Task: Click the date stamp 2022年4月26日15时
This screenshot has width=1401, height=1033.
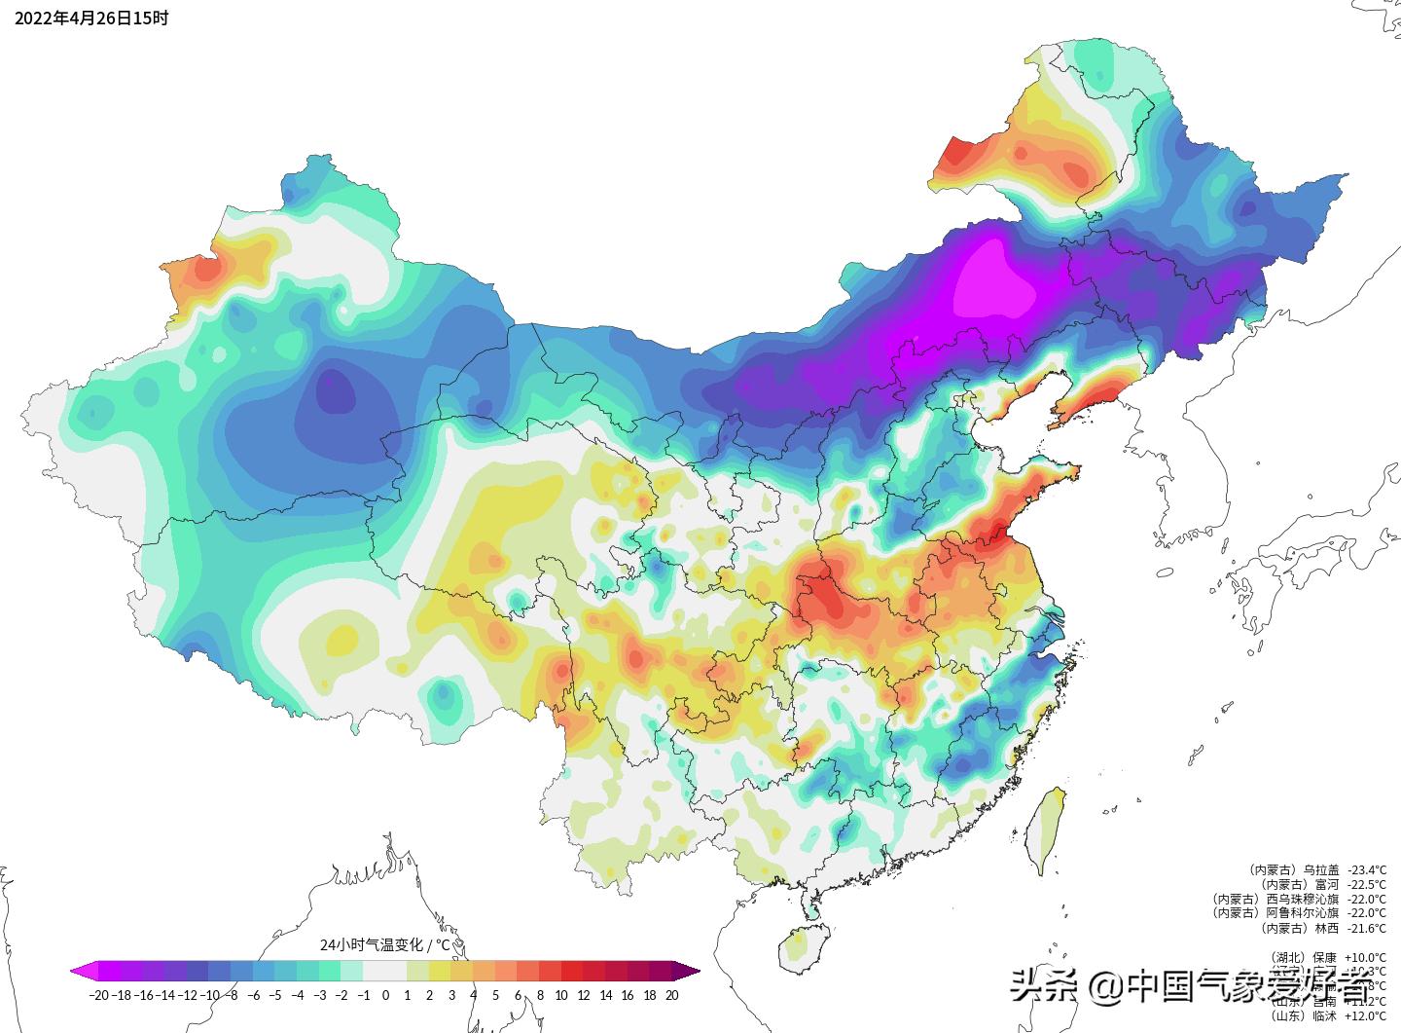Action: pyautogui.click(x=91, y=18)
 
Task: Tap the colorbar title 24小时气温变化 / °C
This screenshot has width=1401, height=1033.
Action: pyautogui.click(x=385, y=944)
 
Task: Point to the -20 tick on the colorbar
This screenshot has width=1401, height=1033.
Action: pyautogui.click(x=98, y=995)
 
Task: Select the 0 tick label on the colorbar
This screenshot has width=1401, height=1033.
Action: pyautogui.click(x=385, y=995)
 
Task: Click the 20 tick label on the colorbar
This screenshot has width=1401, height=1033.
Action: pyautogui.click(x=671, y=995)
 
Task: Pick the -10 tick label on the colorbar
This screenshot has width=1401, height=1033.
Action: pyautogui.click(x=210, y=995)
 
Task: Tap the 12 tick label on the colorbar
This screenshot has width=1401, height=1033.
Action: pyautogui.click(x=584, y=995)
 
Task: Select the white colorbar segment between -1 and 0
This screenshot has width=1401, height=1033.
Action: pyautogui.click(x=375, y=971)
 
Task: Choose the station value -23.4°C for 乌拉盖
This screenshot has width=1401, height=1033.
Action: pyautogui.click(x=1366, y=869)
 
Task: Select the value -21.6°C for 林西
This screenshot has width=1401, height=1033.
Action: pyautogui.click(x=1366, y=928)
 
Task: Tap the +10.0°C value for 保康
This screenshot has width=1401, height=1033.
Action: pyautogui.click(x=1366, y=957)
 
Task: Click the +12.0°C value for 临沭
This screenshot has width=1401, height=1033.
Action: pyautogui.click(x=1366, y=1015)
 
